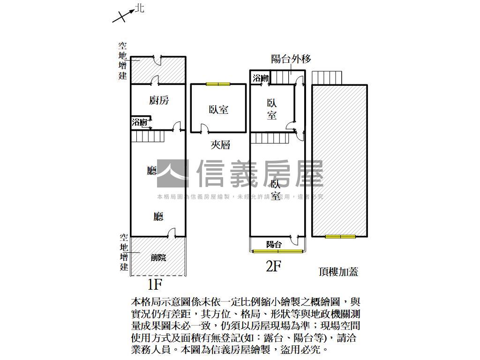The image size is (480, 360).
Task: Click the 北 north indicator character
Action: [140, 8]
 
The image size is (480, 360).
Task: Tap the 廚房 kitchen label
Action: [159, 100]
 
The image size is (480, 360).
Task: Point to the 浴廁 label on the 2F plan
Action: [261, 78]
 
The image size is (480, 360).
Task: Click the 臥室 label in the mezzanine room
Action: [218, 109]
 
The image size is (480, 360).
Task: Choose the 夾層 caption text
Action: [220, 145]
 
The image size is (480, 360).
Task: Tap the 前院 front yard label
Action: [158, 257]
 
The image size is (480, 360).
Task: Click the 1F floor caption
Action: [154, 284]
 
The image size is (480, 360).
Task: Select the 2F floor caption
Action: [273, 267]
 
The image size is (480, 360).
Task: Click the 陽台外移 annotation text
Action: [291, 59]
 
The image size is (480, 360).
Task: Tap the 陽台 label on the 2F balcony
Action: [274, 244]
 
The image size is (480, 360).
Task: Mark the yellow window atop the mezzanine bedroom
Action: [218, 84]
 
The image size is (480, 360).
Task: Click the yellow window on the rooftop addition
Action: [340, 237]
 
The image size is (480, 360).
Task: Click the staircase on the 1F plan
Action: [147, 136]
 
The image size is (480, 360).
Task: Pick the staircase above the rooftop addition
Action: [328, 78]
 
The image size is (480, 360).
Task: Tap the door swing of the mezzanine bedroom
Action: [205, 128]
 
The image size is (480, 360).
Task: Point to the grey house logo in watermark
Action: [173, 174]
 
